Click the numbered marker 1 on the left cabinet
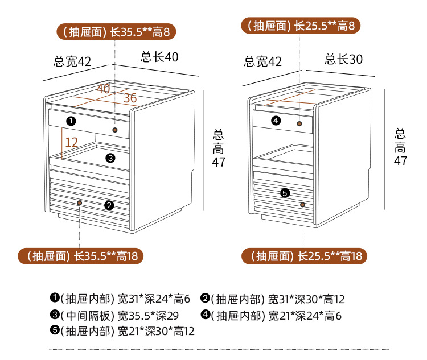point(71,121)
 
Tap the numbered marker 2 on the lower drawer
point(109,205)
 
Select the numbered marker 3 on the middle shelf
point(110,158)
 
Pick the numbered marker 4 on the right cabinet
point(276,120)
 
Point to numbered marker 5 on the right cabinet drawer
point(285,193)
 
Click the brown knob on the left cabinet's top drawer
point(115,130)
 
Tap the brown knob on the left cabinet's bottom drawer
point(80,202)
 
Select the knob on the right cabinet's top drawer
point(299,124)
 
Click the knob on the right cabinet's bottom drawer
point(302,204)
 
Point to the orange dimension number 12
point(72,142)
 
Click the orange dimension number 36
point(130,98)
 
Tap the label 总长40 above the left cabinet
point(159,57)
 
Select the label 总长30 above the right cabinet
point(344,59)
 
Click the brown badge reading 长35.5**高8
point(116,32)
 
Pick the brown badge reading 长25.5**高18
point(305,256)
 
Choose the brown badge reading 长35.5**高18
point(81,256)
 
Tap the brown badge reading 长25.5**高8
point(301,26)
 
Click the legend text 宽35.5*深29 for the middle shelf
point(148,316)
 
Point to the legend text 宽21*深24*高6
point(305,316)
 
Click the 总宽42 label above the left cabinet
point(72,61)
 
